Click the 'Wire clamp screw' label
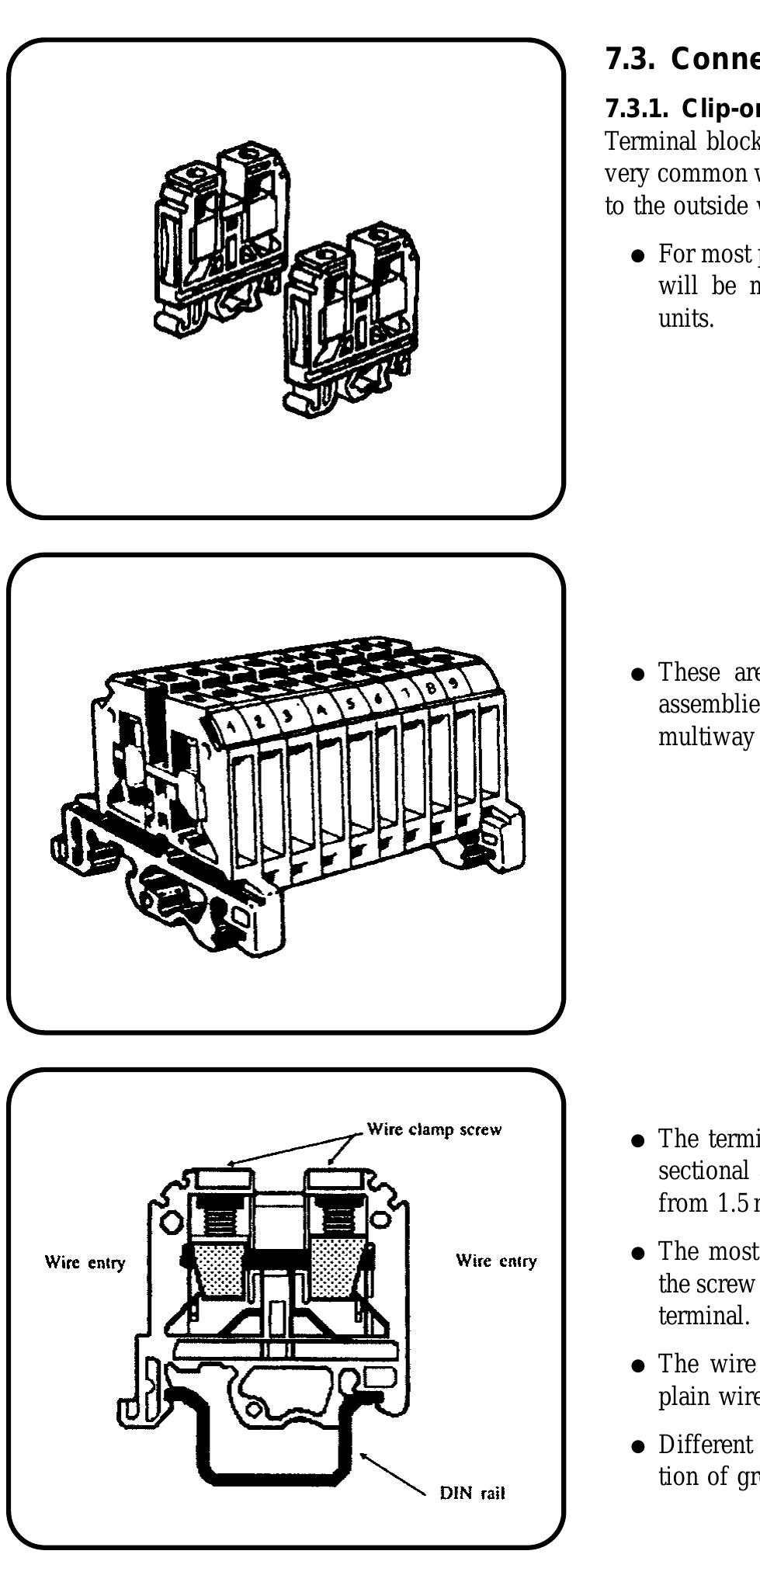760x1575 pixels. click(x=434, y=1129)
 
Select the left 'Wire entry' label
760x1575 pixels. click(x=85, y=1262)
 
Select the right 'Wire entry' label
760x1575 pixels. click(x=496, y=1261)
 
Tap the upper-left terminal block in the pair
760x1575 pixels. click(x=221, y=233)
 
